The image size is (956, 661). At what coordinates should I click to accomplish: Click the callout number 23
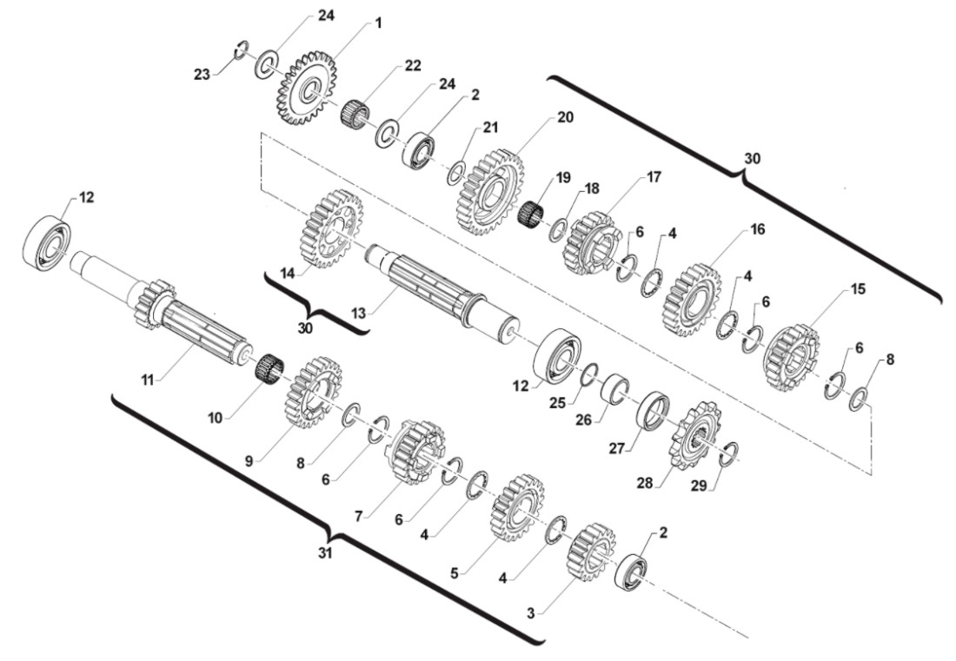point(202,75)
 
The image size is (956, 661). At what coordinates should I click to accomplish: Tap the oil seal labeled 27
point(654,410)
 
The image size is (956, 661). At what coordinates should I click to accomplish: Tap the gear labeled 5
point(519,506)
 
